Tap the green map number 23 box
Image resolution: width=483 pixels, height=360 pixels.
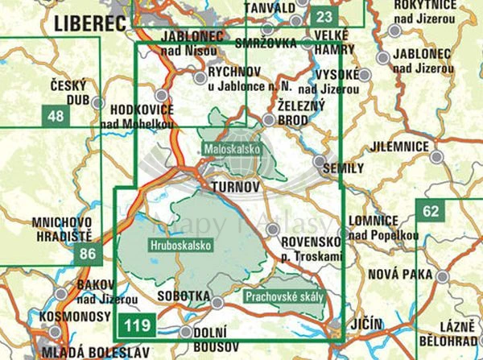pos(324,17)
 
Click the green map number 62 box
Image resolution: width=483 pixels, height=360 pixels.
pos(431,212)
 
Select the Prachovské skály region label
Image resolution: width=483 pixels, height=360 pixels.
pos(285,296)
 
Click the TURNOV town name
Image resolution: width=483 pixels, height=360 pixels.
pos(234,188)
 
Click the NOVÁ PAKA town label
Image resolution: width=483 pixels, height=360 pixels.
pos(400,275)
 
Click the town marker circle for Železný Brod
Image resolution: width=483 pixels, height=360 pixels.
pos(268,120)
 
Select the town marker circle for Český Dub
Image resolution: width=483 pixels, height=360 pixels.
pos(97,102)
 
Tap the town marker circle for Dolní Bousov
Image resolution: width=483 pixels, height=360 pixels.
pos(186,331)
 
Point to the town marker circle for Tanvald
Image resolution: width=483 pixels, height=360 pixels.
pos(299,21)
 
